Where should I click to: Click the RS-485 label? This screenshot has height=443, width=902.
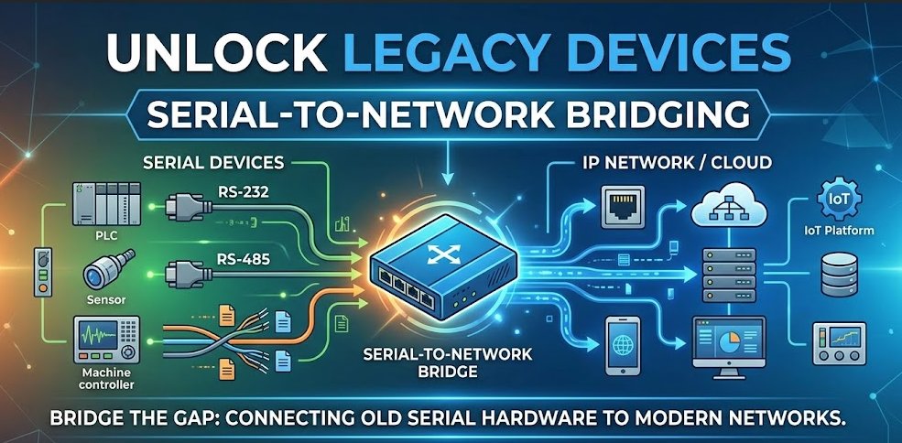point(244,259)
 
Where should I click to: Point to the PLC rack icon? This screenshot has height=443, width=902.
point(107,204)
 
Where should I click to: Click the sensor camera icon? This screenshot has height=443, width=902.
point(109,269)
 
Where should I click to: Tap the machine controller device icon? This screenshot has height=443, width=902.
point(106,340)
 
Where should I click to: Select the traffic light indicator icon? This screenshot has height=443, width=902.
point(43,272)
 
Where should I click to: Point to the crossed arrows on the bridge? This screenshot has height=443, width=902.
point(441,254)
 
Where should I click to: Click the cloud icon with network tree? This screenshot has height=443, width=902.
point(729,204)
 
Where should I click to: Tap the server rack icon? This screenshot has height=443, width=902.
point(729,275)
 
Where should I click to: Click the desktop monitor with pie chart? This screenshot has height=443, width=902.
point(729,348)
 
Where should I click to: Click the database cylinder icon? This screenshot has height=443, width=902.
point(840,275)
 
